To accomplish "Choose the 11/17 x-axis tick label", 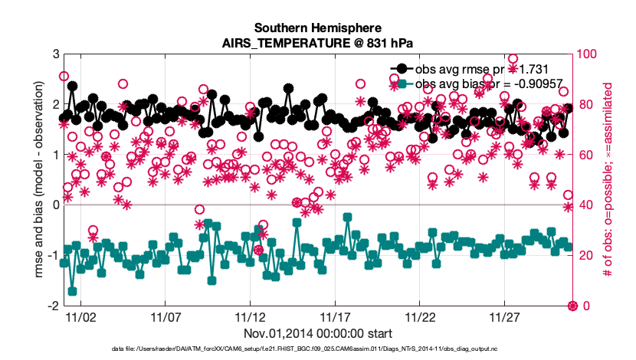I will click(335, 316).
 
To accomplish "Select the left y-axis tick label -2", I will click(53, 306).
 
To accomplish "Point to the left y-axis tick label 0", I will click(55, 205).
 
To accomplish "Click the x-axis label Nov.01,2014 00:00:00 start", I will click(317, 333).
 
